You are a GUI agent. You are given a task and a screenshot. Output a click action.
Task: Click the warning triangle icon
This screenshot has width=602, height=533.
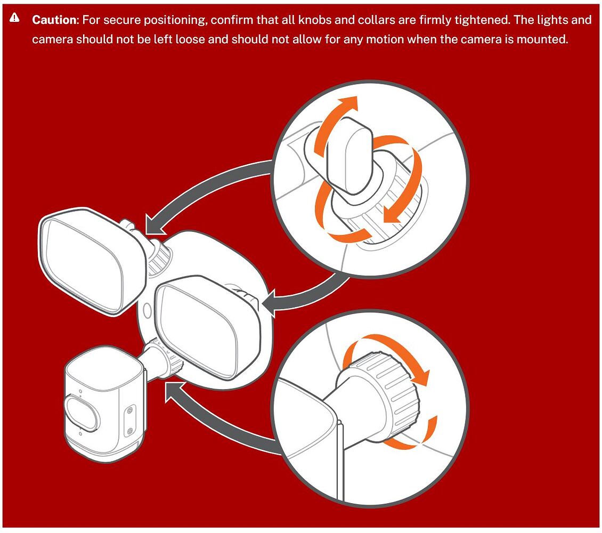pyautogui.click(x=14, y=19)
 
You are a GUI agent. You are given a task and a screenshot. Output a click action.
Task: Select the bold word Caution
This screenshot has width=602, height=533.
pyautogui.click(x=55, y=20)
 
